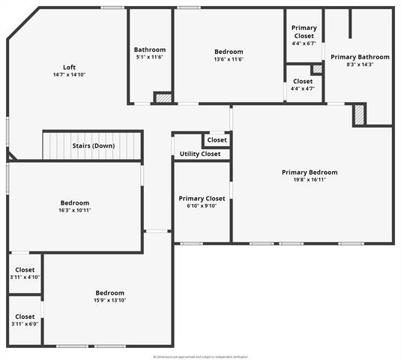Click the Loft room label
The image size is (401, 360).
point(69,67)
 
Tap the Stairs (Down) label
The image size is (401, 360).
point(93,145)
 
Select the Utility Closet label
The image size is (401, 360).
point(200,154)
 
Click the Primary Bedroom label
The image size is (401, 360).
point(310,172)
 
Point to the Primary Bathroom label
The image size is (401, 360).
point(360,57)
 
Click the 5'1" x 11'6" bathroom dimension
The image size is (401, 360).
point(150,57)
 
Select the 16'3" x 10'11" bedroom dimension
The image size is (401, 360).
point(75,210)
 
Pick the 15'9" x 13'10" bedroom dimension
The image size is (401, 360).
point(109,300)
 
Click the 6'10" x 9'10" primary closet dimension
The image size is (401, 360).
point(202,205)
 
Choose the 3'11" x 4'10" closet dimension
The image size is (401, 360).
point(25,277)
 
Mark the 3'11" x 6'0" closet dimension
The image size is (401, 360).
point(25,324)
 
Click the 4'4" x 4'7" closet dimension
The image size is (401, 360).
point(303,88)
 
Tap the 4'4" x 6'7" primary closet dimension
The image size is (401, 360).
point(304,43)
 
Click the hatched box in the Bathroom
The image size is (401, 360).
point(163,97)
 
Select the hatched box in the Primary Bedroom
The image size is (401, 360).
point(360,115)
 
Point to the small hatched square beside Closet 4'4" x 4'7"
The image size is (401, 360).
point(317,69)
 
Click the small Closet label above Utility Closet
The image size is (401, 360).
point(217,139)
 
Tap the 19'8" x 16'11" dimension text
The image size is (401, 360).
point(310,179)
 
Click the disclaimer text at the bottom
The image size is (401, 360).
point(200,356)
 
